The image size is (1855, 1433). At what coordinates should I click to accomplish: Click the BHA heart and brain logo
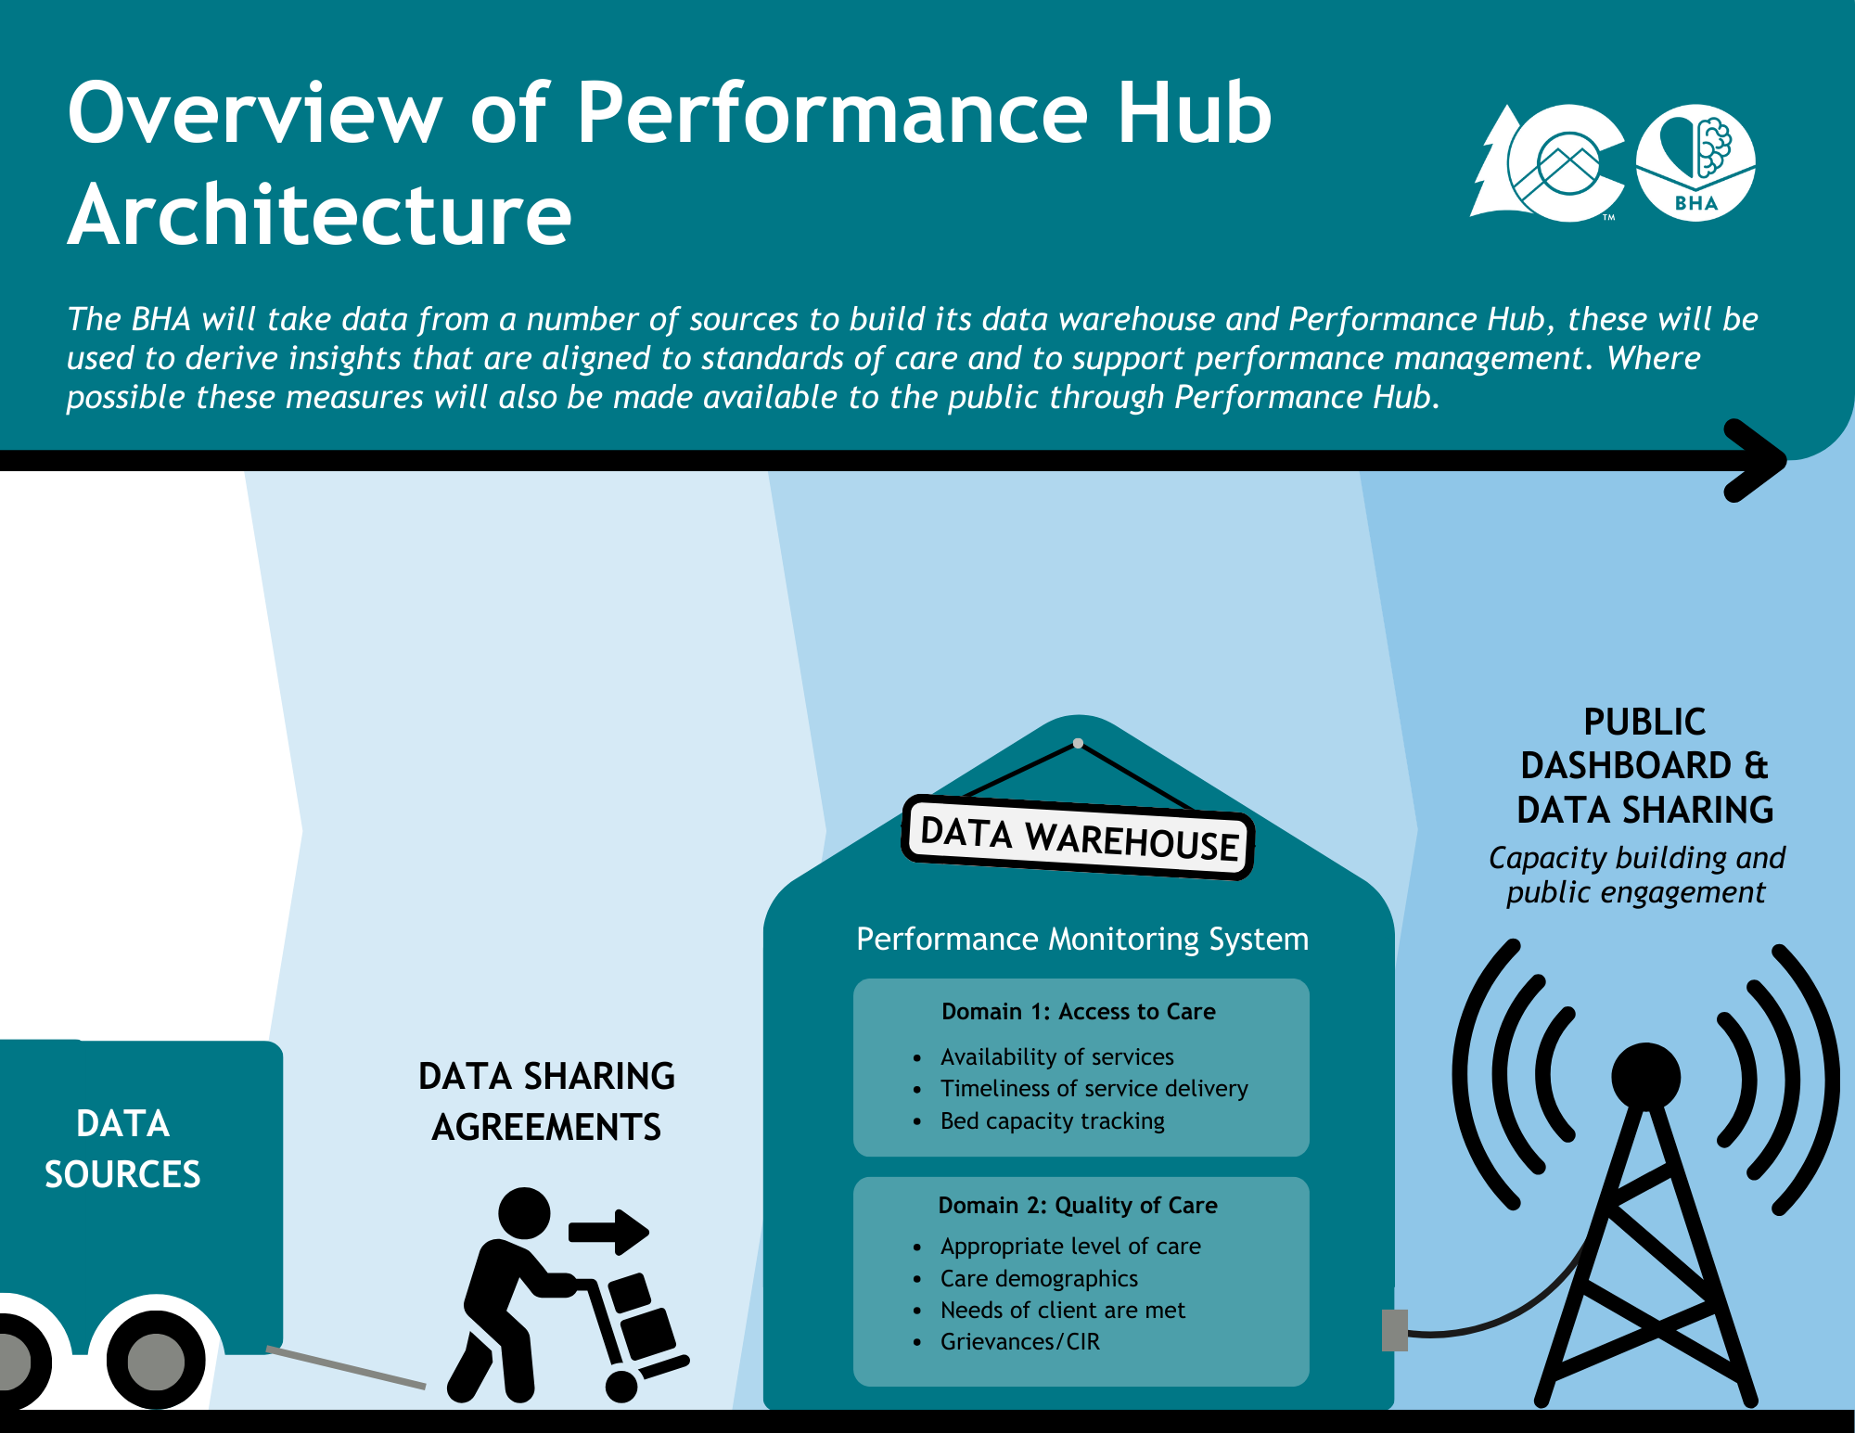tap(1695, 162)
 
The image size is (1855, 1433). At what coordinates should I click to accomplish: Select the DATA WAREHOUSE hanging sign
tap(1078, 838)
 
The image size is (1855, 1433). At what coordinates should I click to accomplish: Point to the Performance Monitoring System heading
tap(1081, 940)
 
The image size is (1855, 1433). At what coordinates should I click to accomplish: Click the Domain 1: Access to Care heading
tap(1078, 1012)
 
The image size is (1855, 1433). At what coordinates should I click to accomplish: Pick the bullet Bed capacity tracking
tap(1052, 1121)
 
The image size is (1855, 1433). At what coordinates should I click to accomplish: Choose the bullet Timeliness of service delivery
tap(1094, 1089)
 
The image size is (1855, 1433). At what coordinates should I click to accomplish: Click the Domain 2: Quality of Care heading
tap(1077, 1206)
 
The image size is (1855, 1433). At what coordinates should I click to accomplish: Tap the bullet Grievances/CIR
tap(1019, 1342)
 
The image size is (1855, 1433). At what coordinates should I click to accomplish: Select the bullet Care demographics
tap(1039, 1279)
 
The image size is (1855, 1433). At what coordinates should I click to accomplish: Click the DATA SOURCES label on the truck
tap(122, 1149)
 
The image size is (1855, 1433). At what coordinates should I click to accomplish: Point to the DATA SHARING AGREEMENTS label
tap(546, 1102)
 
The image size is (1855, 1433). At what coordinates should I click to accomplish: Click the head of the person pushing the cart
tap(524, 1213)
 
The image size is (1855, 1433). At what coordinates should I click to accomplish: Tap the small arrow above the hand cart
tap(608, 1232)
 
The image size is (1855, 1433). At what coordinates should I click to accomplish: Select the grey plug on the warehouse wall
tap(1394, 1330)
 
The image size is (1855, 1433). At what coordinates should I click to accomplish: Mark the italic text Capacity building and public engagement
tap(1636, 875)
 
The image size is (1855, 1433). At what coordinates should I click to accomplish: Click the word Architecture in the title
tap(320, 215)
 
